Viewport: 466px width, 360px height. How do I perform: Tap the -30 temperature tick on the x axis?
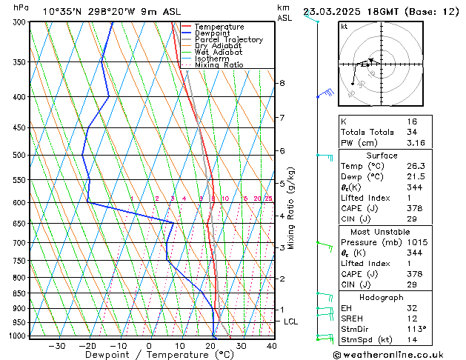(56, 346)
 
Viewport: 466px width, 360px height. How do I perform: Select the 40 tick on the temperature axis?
(272, 346)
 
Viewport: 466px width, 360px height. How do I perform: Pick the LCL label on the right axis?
(290, 321)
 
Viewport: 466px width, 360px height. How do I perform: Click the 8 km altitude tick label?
(282, 83)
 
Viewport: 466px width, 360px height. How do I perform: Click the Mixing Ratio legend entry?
(219, 65)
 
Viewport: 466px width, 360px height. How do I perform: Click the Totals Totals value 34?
(412, 132)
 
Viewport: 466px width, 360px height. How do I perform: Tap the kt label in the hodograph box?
(344, 27)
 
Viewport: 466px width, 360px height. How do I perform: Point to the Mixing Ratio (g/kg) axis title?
(291, 208)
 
